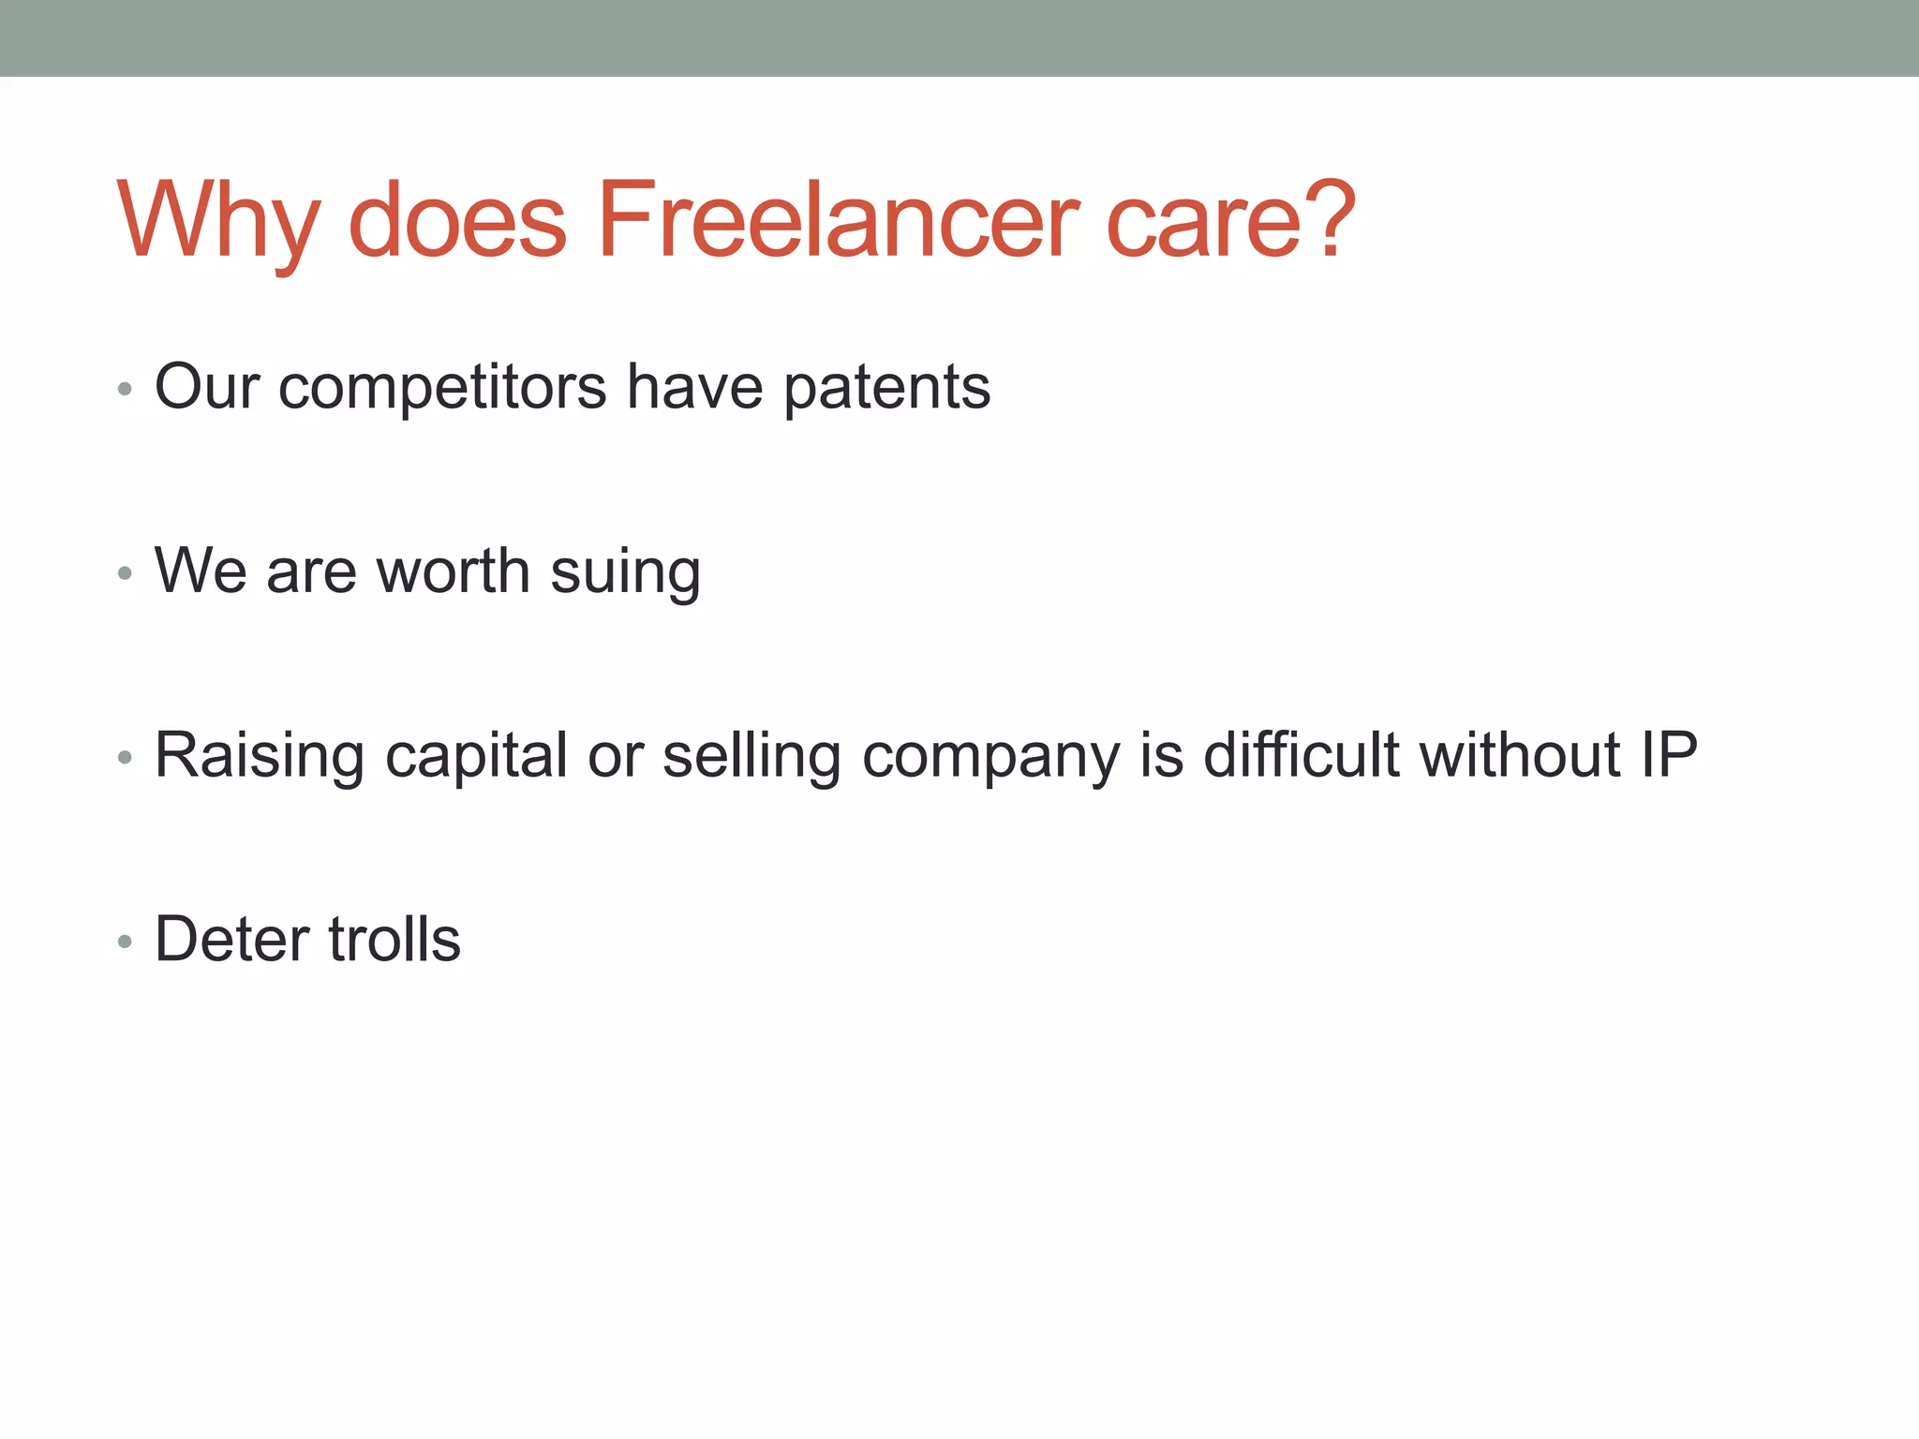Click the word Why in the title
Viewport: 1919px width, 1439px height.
pos(218,221)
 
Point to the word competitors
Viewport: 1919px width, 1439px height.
pos(442,387)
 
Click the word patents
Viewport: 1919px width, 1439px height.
pos(886,387)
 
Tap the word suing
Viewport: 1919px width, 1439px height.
pos(625,572)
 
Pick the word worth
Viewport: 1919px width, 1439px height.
pos(453,571)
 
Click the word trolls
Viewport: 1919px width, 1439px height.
pos(394,939)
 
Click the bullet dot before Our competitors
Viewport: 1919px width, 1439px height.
pos(125,389)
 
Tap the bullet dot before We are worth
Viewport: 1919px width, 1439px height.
pos(125,572)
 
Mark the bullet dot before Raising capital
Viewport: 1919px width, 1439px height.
pos(125,757)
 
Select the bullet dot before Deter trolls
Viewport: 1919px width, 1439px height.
pos(125,941)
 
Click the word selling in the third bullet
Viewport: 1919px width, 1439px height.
pos(751,756)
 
